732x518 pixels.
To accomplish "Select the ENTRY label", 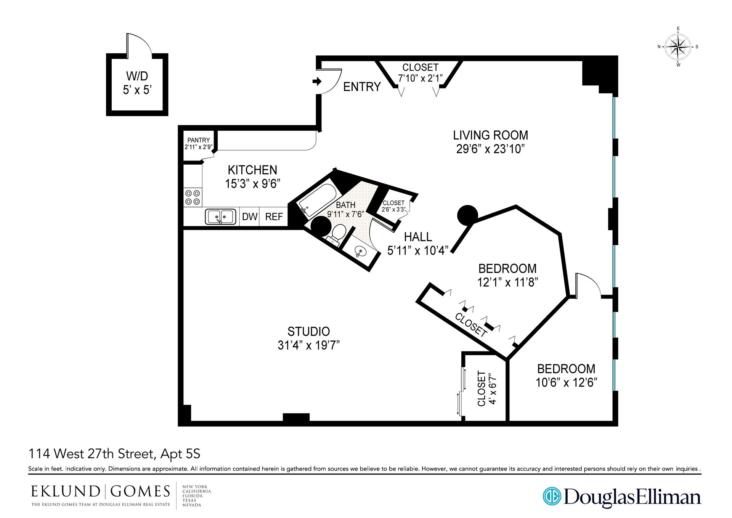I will tap(362, 87).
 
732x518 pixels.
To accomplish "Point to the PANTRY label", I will tap(198, 140).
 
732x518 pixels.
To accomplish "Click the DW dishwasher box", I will tap(250, 217).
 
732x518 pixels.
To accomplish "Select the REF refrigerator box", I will tap(274, 217).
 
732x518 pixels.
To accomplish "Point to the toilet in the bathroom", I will tap(337, 233).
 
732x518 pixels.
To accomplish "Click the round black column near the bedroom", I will tap(467, 215).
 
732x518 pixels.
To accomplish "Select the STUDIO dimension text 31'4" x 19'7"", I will tap(308, 345).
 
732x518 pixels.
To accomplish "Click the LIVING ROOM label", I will tap(490, 135).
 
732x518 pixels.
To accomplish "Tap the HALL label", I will tap(418, 237).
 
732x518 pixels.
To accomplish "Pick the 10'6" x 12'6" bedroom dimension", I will tap(566, 382).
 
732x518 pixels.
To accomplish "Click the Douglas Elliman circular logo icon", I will tap(551, 496).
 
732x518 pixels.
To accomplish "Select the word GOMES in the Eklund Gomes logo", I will tap(140, 491).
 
